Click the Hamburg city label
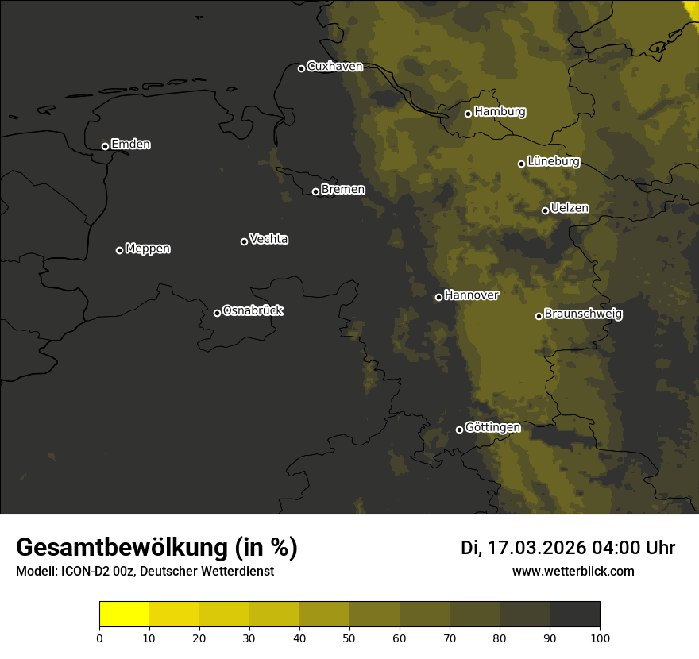pos(500,112)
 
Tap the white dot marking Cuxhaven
pos(301,68)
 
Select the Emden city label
pos(130,145)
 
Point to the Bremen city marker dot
pos(315,191)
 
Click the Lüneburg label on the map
pos(553,162)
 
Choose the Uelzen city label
pos(570,209)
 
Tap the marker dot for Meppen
pos(119,250)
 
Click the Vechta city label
pos(268,239)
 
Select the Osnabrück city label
pos(253,311)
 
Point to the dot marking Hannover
pos(438,297)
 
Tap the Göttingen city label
pos(492,428)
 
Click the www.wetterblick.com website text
pos(573,571)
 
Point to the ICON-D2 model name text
pos(85,572)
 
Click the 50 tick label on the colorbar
pos(349,638)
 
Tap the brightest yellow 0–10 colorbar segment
pos(124,615)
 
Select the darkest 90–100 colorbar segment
pos(574,615)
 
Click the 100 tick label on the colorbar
pos(600,638)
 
